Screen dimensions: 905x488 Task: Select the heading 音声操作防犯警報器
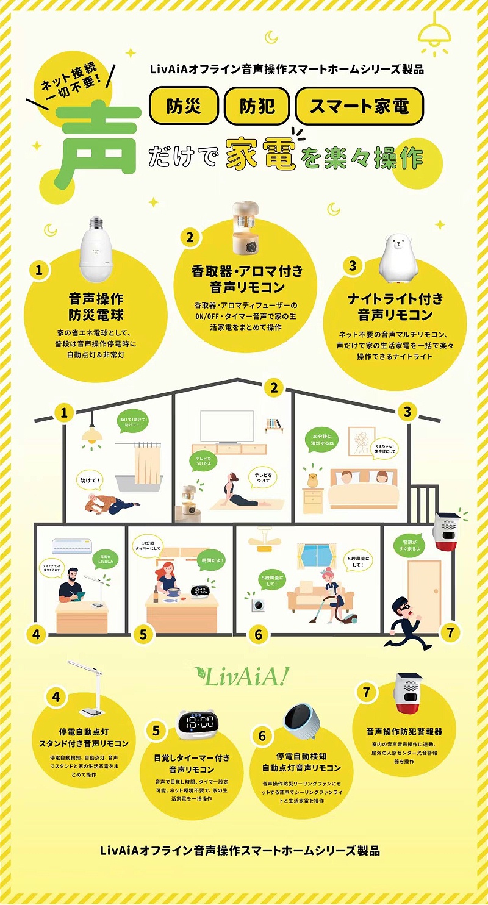click(404, 731)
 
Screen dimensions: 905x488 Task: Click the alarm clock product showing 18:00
click(196, 724)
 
